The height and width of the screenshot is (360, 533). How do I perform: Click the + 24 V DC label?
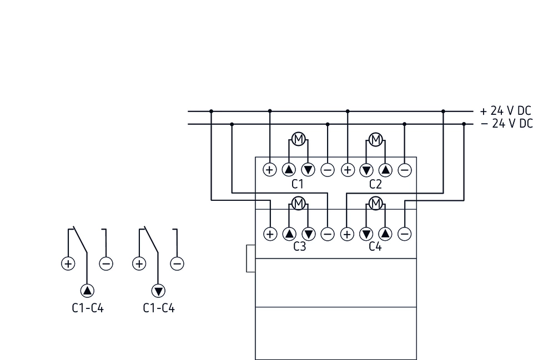click(x=506, y=110)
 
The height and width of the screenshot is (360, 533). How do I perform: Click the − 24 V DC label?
click(x=506, y=124)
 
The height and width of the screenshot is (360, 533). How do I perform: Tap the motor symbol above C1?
click(x=299, y=139)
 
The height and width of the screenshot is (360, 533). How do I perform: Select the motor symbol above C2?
click(x=376, y=139)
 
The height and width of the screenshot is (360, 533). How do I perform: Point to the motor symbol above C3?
click(x=299, y=203)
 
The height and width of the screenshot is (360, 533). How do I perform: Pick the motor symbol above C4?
click(x=376, y=203)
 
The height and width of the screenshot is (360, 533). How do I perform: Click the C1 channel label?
click(x=299, y=184)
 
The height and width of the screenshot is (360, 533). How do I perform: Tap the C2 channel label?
click(x=376, y=184)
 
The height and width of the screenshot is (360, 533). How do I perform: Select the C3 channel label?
click(x=299, y=247)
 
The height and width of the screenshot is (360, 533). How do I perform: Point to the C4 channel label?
click(x=376, y=247)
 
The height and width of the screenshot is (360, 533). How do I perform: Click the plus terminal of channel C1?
click(x=270, y=170)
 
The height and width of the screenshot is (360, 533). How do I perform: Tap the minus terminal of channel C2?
click(x=405, y=170)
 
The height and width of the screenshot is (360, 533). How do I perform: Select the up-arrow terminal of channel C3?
click(x=289, y=234)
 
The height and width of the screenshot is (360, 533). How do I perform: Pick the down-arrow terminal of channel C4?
click(x=366, y=234)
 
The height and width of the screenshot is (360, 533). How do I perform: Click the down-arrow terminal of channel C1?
click(x=308, y=170)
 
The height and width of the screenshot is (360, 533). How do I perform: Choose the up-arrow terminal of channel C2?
click(x=385, y=170)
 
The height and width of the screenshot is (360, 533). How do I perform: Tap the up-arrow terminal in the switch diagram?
click(x=88, y=291)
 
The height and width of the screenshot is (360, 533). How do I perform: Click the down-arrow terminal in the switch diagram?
click(x=159, y=291)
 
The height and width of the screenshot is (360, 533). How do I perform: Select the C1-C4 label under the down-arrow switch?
click(x=159, y=308)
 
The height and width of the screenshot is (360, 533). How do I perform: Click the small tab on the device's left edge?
click(x=250, y=259)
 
